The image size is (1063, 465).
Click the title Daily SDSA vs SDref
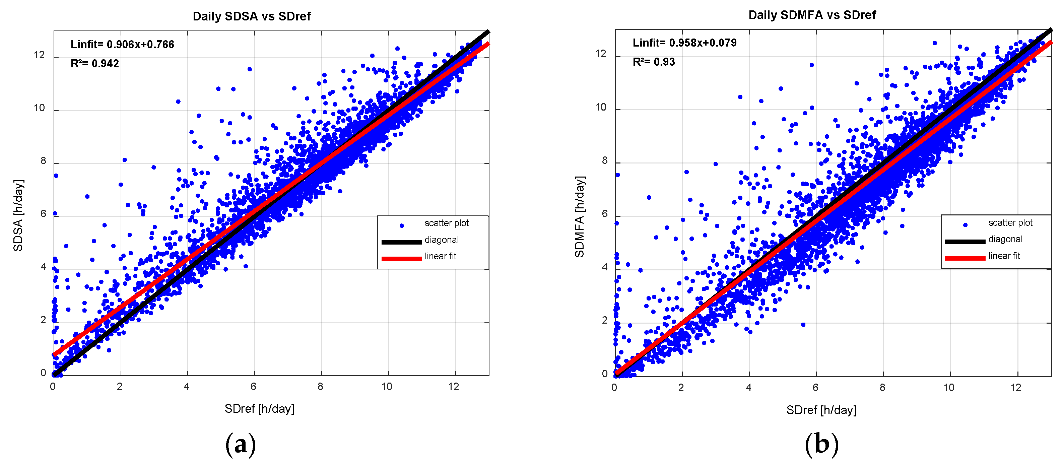[x=251, y=16]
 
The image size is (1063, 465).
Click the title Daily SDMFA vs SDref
[x=812, y=15]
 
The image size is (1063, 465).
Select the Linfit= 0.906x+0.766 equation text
[x=122, y=45]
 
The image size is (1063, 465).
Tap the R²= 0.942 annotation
[x=94, y=64]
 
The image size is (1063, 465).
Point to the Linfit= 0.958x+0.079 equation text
[x=684, y=43]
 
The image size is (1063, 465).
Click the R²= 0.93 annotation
[x=654, y=62]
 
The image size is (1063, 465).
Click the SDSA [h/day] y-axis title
[x=18, y=215]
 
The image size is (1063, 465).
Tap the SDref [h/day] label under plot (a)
[x=259, y=408]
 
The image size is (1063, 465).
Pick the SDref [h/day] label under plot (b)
[x=821, y=410]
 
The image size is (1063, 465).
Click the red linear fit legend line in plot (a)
[x=401, y=258]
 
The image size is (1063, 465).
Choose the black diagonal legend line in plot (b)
[x=965, y=241]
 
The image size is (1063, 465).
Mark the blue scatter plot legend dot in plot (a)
[x=401, y=225]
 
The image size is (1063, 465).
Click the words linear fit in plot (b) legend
[x=1004, y=256]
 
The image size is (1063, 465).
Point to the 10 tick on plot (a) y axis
[x=39, y=108]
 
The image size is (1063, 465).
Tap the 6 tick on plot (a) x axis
[x=253, y=387]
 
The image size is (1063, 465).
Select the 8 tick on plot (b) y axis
[x=605, y=160]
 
